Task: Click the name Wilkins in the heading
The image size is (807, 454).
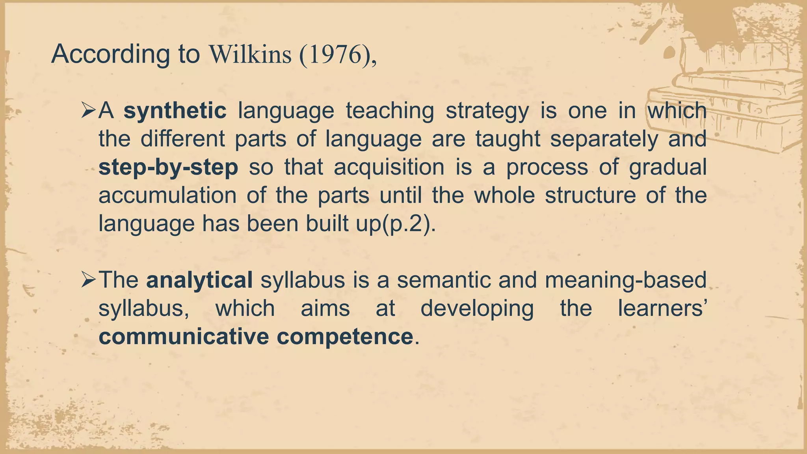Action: pos(250,54)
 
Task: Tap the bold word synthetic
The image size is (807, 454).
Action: pos(175,111)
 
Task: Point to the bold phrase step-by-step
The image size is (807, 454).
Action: pos(168,167)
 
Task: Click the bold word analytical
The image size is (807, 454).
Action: pos(199,280)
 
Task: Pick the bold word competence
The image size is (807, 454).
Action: pos(345,337)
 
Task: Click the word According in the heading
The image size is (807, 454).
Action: pos(110,54)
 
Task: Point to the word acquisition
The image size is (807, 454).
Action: pos(389,167)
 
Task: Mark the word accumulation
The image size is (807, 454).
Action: pos(167,195)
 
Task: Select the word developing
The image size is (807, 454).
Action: pos(477,309)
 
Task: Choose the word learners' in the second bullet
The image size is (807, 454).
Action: pos(662,309)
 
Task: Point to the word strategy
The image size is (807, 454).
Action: pos(487,111)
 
